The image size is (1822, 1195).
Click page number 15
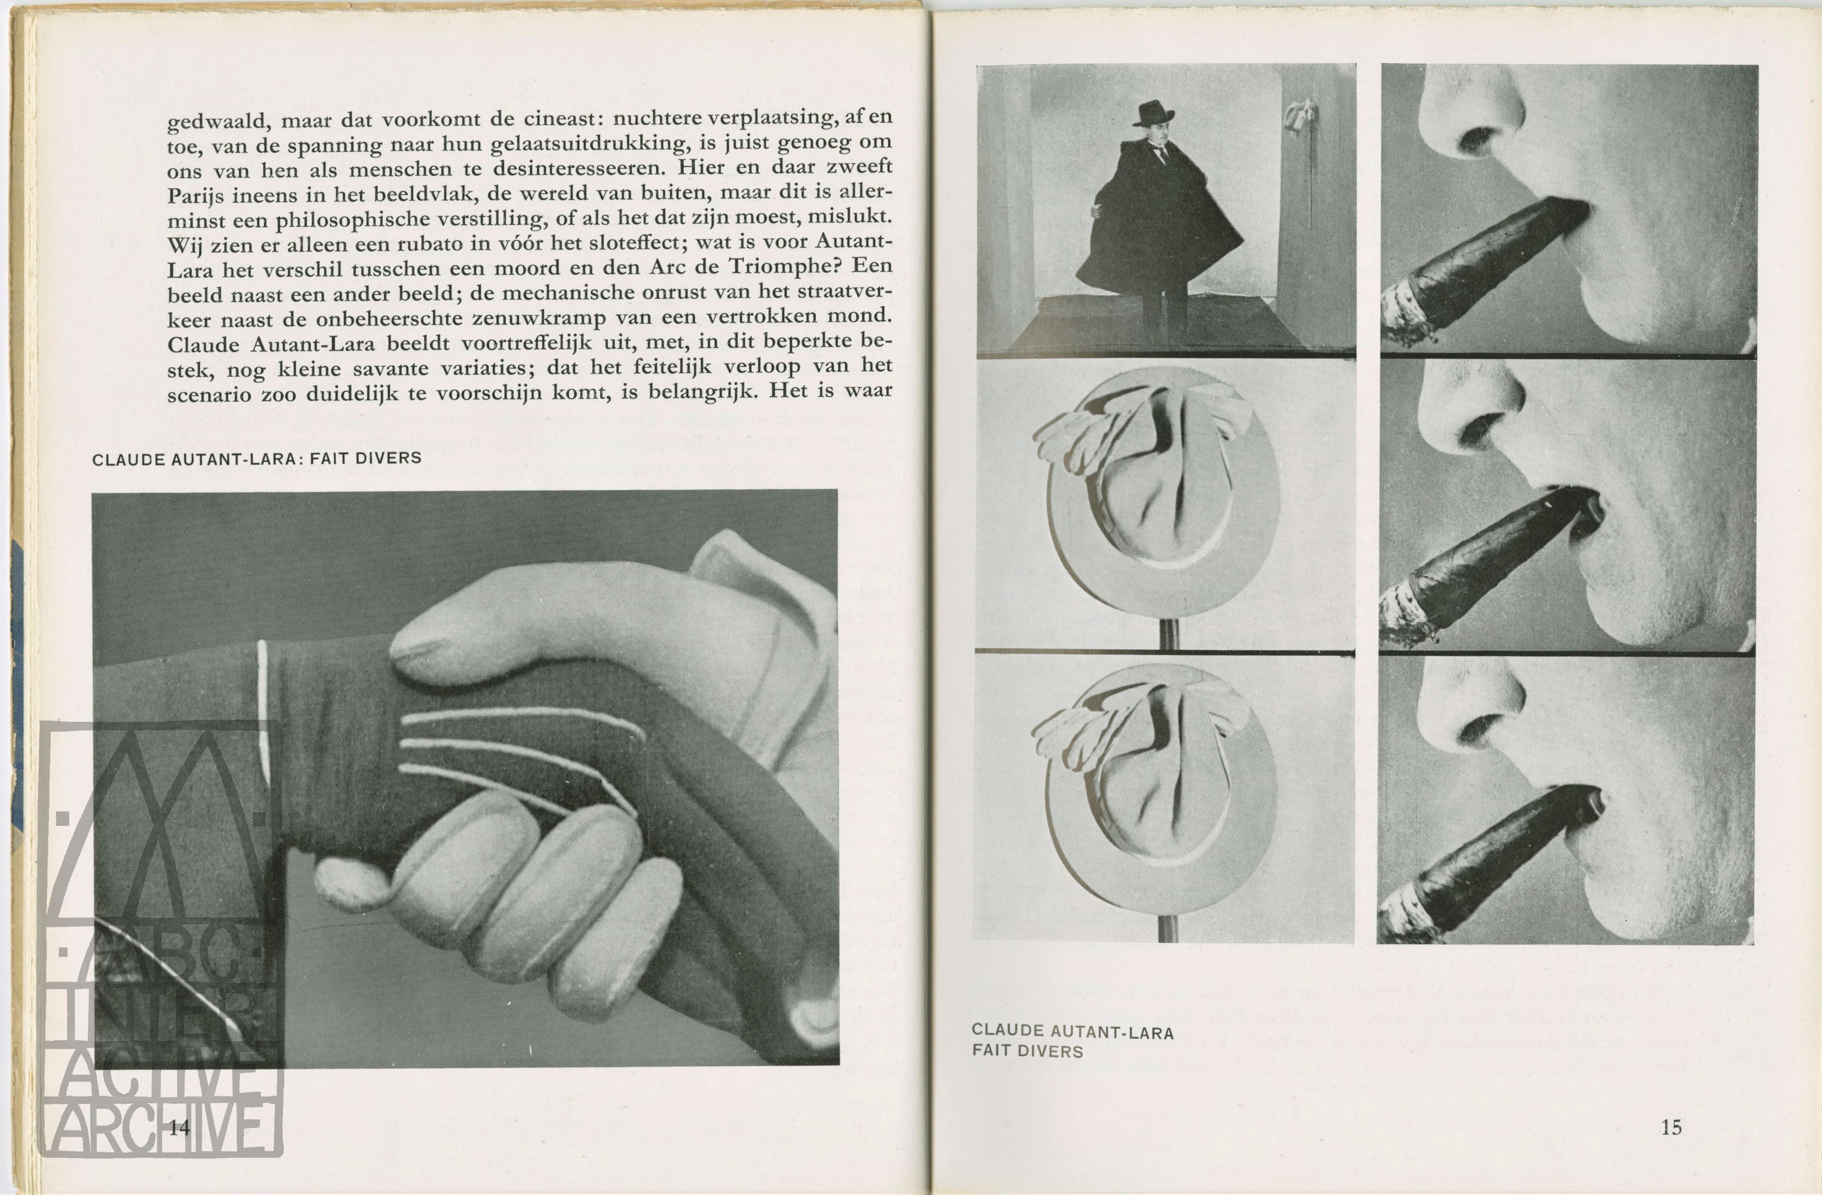tap(1671, 1127)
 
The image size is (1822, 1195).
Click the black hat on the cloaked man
tap(1154, 113)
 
